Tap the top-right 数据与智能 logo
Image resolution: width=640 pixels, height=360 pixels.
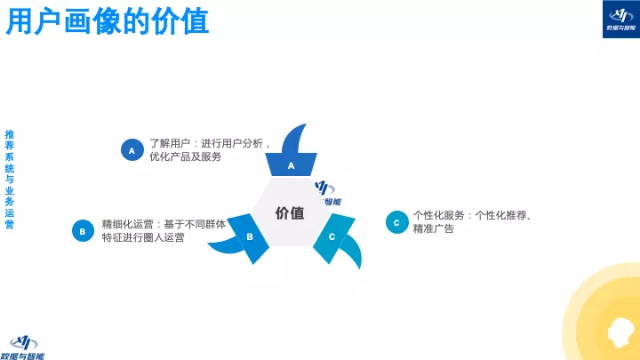pyautogui.click(x=615, y=18)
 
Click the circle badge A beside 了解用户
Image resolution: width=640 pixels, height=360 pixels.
pyautogui.click(x=132, y=150)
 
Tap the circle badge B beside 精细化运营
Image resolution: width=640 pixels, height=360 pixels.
pyautogui.click(x=83, y=231)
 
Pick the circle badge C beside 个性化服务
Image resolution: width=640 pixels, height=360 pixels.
pyautogui.click(x=396, y=222)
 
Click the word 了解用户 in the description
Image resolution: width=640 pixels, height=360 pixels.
pyautogui.click(x=168, y=143)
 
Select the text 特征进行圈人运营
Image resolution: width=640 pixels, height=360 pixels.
pyautogui.click(x=143, y=238)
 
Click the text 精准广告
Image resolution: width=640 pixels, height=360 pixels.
pyautogui.click(x=434, y=229)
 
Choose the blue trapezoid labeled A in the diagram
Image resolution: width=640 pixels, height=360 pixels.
pyautogui.click(x=291, y=164)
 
